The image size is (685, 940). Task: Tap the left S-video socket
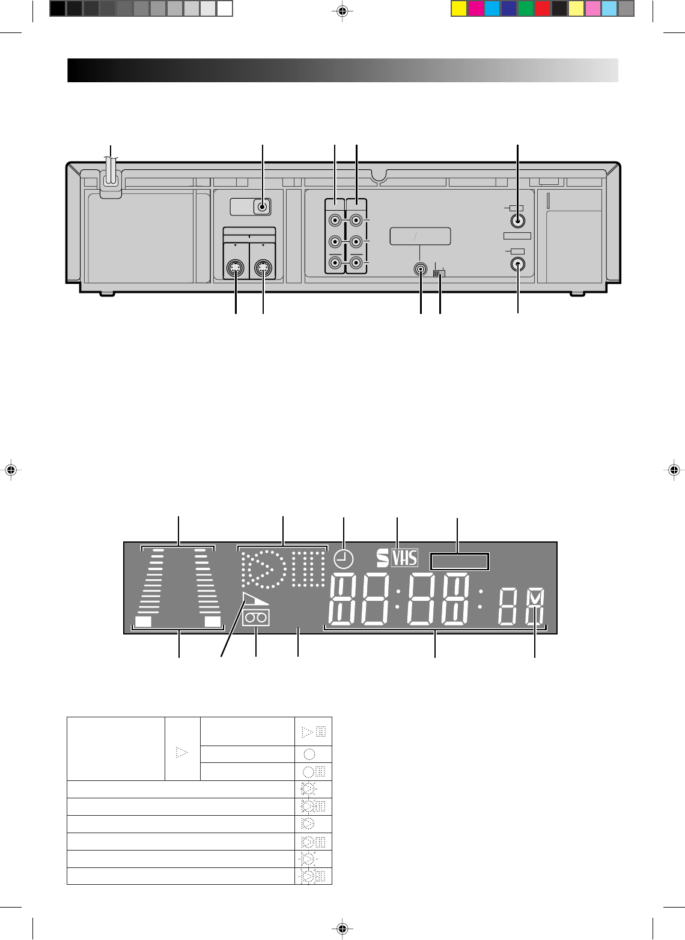[235, 268]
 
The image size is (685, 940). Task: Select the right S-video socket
[263, 268]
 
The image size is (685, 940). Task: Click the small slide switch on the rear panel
[439, 273]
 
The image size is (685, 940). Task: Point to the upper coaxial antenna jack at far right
[517, 221]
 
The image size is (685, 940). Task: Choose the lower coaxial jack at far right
[517, 264]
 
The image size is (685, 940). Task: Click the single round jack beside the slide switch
[421, 269]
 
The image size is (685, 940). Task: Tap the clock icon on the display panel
[344, 560]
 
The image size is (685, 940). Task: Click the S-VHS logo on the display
[397, 558]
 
